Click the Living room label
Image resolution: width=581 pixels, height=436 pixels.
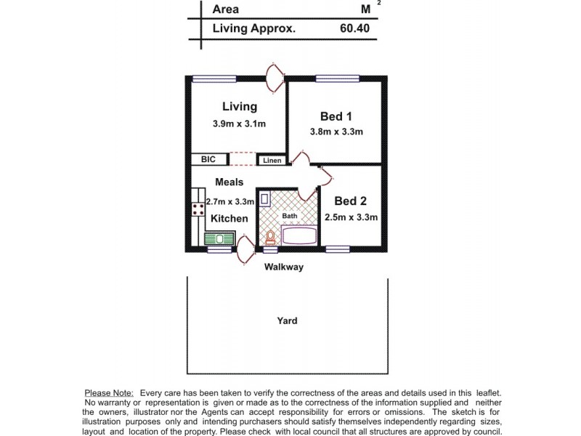click(x=239, y=107)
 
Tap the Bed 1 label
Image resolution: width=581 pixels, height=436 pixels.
click(x=336, y=116)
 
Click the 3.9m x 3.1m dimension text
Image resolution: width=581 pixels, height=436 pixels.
click(x=239, y=124)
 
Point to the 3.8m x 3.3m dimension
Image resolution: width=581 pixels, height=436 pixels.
click(x=336, y=132)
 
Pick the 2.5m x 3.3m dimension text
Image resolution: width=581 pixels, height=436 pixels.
click(x=351, y=217)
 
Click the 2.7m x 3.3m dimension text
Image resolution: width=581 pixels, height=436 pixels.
click(x=229, y=202)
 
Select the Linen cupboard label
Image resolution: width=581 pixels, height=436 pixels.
click(x=272, y=160)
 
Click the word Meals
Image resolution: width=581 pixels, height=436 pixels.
click(x=229, y=182)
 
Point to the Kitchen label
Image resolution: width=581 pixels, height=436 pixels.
click(x=229, y=218)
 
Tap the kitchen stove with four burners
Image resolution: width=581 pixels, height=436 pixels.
click(x=198, y=210)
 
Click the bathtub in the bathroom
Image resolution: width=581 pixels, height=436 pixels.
click(x=298, y=235)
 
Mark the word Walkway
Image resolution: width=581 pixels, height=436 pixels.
click(x=283, y=267)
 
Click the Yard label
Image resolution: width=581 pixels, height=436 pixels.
click(x=287, y=320)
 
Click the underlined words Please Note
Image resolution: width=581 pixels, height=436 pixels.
click(x=108, y=392)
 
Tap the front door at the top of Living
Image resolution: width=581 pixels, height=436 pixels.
click(x=275, y=78)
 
